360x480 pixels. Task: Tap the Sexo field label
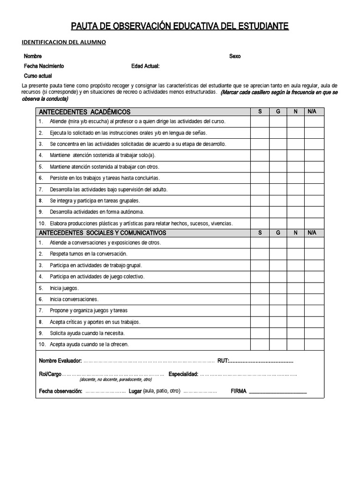[235, 56]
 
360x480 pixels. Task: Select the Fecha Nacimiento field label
[44, 66]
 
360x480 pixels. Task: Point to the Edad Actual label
[146, 66]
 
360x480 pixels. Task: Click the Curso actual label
[38, 75]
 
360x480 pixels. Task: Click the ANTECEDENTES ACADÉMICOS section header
[84, 112]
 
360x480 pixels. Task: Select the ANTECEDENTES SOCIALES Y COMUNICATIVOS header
[102, 233]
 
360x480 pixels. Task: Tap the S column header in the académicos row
[260, 112]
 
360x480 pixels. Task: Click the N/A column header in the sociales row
[312, 233]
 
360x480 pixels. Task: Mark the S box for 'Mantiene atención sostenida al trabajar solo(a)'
[260, 155]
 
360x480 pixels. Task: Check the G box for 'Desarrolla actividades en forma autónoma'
[278, 212]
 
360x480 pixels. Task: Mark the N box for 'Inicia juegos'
[295, 288]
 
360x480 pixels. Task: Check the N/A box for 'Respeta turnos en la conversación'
[314, 254]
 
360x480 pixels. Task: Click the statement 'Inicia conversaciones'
[74, 299]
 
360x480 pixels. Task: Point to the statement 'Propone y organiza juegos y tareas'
[89, 310]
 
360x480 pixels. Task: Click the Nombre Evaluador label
[60, 361]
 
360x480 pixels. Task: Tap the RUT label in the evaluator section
[223, 361]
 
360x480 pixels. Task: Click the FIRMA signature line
[278, 392]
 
